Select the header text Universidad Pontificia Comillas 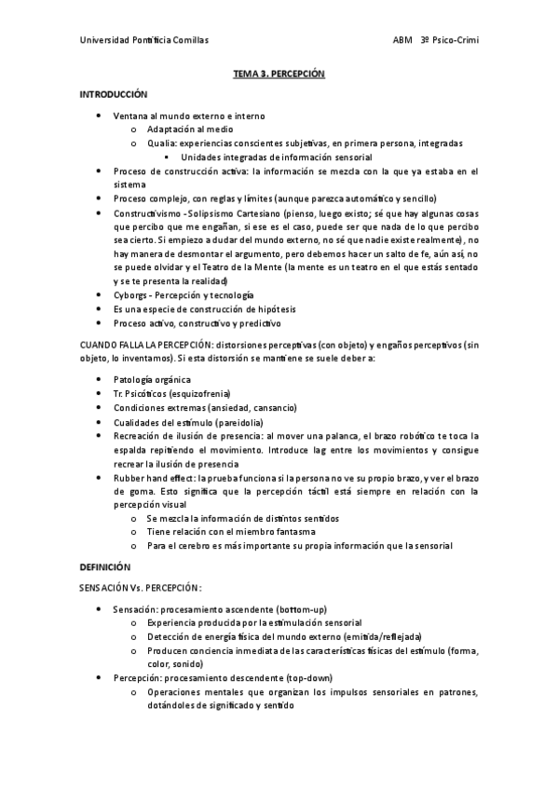[x=145, y=41]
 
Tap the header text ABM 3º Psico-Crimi [x=436, y=41]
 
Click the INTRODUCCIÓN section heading [x=115, y=95]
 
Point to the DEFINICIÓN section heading [x=105, y=566]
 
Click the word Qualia [x=159, y=143]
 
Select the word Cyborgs [x=130, y=294]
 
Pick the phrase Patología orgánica [x=152, y=380]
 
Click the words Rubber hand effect [x=153, y=477]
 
